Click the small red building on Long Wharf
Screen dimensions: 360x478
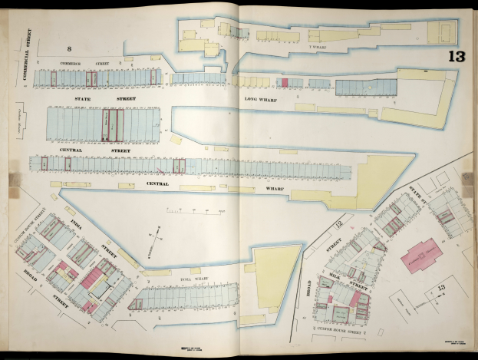coord(285,82)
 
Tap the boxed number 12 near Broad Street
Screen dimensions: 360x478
coord(338,223)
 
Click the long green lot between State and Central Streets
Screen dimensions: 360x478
coord(113,124)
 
